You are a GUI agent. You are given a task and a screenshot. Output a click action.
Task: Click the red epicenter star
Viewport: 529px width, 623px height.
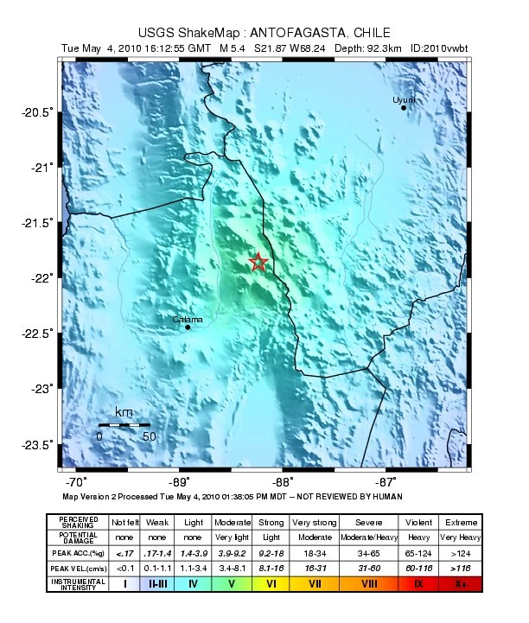[258, 262]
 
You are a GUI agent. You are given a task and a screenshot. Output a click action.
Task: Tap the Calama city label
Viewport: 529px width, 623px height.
[188, 320]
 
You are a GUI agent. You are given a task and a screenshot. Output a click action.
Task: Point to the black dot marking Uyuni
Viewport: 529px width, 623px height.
[404, 108]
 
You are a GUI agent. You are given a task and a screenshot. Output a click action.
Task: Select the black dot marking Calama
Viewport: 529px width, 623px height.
[188, 327]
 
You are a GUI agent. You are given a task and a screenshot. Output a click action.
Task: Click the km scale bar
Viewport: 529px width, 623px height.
[124, 425]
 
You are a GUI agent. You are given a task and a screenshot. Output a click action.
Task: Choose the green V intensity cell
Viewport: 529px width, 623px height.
[232, 584]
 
